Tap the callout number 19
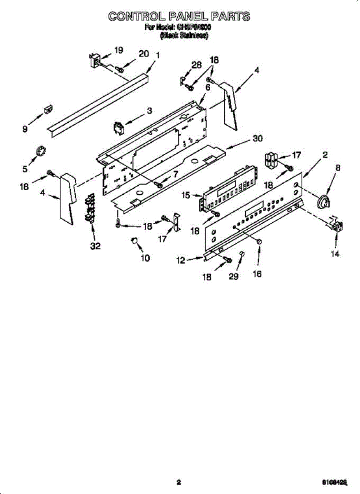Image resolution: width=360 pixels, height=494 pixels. tap(118, 50)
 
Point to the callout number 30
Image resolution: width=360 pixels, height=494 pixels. tap(257, 139)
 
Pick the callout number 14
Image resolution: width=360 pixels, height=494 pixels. tap(335, 254)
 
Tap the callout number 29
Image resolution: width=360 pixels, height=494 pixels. tap(234, 277)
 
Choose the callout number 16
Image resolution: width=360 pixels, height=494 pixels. tap(257, 274)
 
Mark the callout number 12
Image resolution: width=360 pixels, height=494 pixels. tap(181, 260)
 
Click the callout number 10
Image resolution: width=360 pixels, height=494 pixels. tap(145, 258)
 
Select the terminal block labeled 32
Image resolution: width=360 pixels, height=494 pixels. tap(90, 209)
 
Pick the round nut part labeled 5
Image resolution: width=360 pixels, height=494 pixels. tap(40, 151)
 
